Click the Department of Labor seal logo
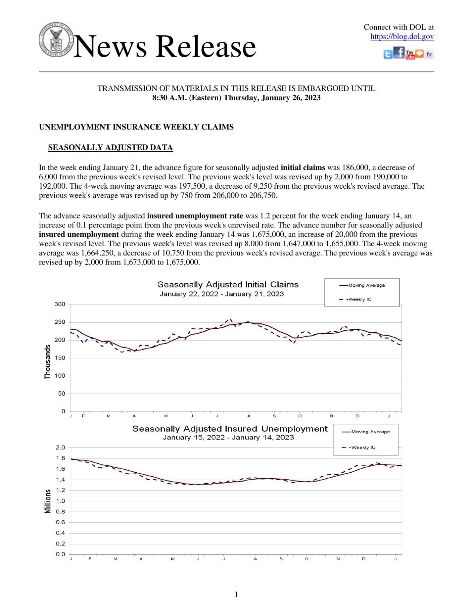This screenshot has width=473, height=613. point(56,40)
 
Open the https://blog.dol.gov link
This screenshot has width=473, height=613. point(402,37)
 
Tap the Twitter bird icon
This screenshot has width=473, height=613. point(388,55)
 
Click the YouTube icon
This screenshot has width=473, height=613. point(410,55)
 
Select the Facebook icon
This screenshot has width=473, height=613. point(399,53)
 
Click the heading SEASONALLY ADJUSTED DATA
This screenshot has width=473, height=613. point(110,147)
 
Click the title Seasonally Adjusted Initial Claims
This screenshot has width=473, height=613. point(228,284)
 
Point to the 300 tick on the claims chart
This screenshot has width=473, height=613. point(60,304)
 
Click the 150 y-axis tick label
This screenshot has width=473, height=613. point(60,358)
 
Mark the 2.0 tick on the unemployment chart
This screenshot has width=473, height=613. point(61,448)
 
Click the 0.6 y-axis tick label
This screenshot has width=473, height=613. point(61,522)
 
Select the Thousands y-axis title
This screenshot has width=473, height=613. point(47,362)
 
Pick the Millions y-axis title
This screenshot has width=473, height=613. point(47,501)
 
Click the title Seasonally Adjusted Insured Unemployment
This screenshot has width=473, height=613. point(230,429)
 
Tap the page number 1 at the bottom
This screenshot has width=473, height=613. point(236,595)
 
